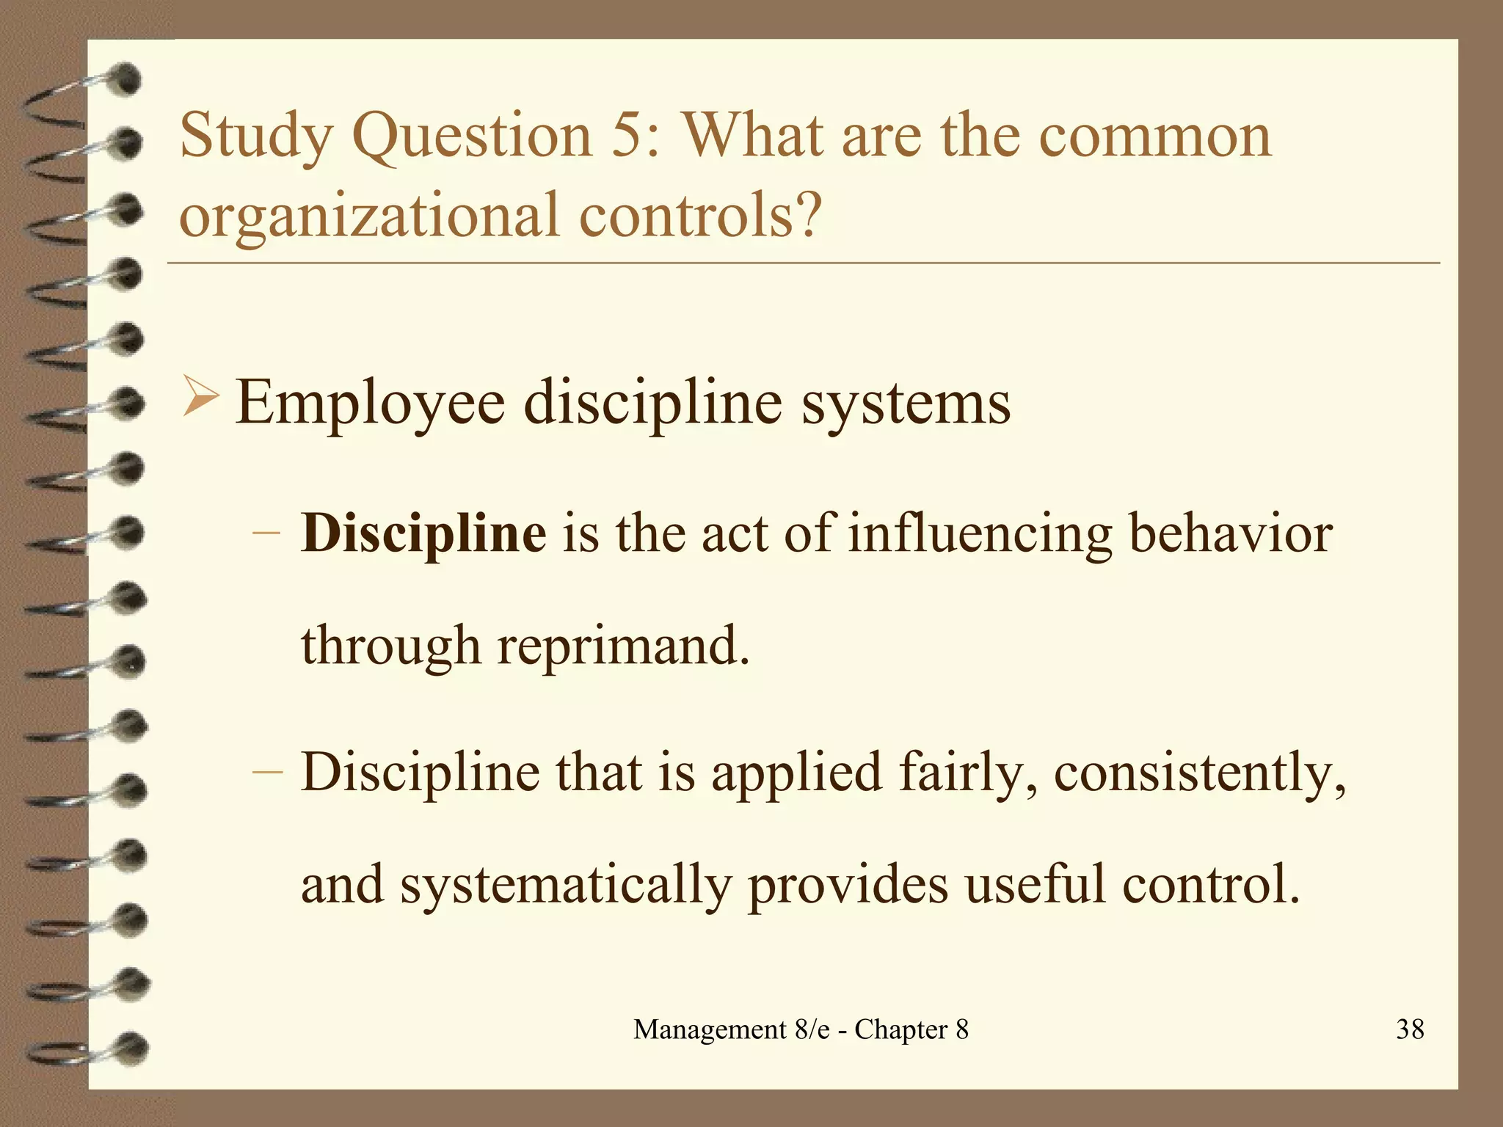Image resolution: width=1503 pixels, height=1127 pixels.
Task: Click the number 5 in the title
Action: click(x=626, y=136)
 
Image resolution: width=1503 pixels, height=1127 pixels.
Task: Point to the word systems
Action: click(x=906, y=404)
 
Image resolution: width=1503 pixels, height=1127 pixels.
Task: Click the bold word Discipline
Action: click(x=423, y=533)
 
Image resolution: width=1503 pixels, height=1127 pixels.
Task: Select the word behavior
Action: click(x=1231, y=533)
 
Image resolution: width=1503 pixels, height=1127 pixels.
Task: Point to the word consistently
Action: click(x=1200, y=773)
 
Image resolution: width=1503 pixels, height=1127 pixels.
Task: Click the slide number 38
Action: click(x=1410, y=1029)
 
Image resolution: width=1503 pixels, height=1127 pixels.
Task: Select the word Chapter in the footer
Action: click(x=901, y=1030)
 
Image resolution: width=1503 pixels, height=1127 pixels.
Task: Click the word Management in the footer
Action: click(x=710, y=1030)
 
